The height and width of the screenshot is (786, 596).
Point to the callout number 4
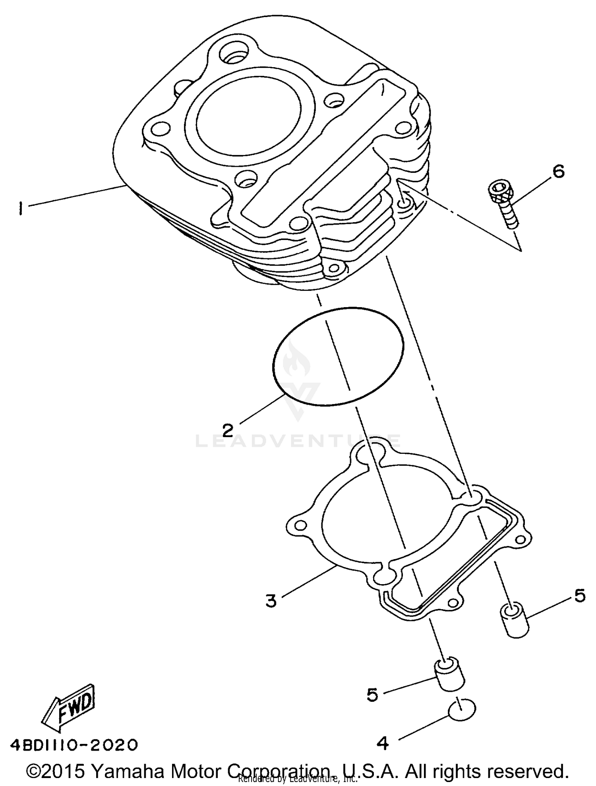[382, 743]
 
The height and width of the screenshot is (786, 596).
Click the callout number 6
[558, 172]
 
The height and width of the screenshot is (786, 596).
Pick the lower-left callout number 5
[372, 695]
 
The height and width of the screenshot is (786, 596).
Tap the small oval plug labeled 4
[462, 709]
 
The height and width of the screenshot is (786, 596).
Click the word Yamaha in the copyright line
[128, 771]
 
